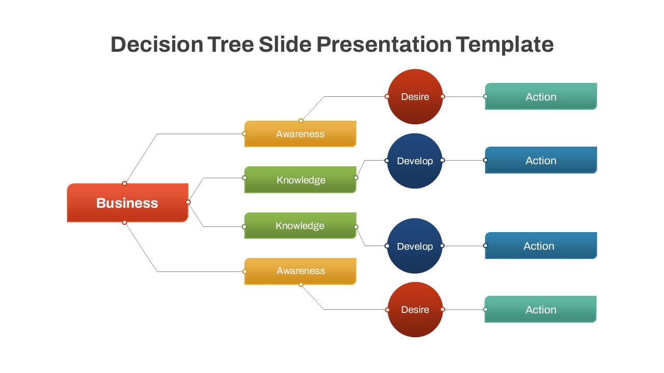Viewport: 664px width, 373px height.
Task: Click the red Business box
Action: point(127,203)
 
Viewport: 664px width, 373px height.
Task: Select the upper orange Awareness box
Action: point(300,134)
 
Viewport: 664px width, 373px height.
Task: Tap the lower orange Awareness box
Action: point(300,271)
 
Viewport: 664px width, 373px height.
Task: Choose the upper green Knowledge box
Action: point(300,180)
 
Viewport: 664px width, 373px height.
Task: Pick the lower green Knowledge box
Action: point(300,226)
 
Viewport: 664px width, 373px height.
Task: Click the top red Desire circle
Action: point(415,97)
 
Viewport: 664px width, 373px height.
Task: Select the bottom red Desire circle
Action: point(415,310)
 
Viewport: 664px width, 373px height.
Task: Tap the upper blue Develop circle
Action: point(414,161)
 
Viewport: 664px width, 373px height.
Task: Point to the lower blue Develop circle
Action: point(414,246)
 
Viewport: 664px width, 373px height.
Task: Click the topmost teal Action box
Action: point(541,96)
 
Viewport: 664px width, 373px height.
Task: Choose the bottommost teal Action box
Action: point(541,309)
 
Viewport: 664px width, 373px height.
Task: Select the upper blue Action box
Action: point(541,160)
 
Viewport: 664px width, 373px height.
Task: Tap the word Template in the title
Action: point(505,45)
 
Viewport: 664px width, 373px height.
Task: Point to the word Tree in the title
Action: point(231,45)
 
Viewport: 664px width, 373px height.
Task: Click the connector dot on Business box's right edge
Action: point(188,202)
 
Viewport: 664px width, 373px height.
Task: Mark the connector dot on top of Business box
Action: point(125,183)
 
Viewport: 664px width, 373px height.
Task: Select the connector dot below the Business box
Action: point(125,222)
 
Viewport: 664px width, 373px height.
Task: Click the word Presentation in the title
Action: point(383,45)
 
